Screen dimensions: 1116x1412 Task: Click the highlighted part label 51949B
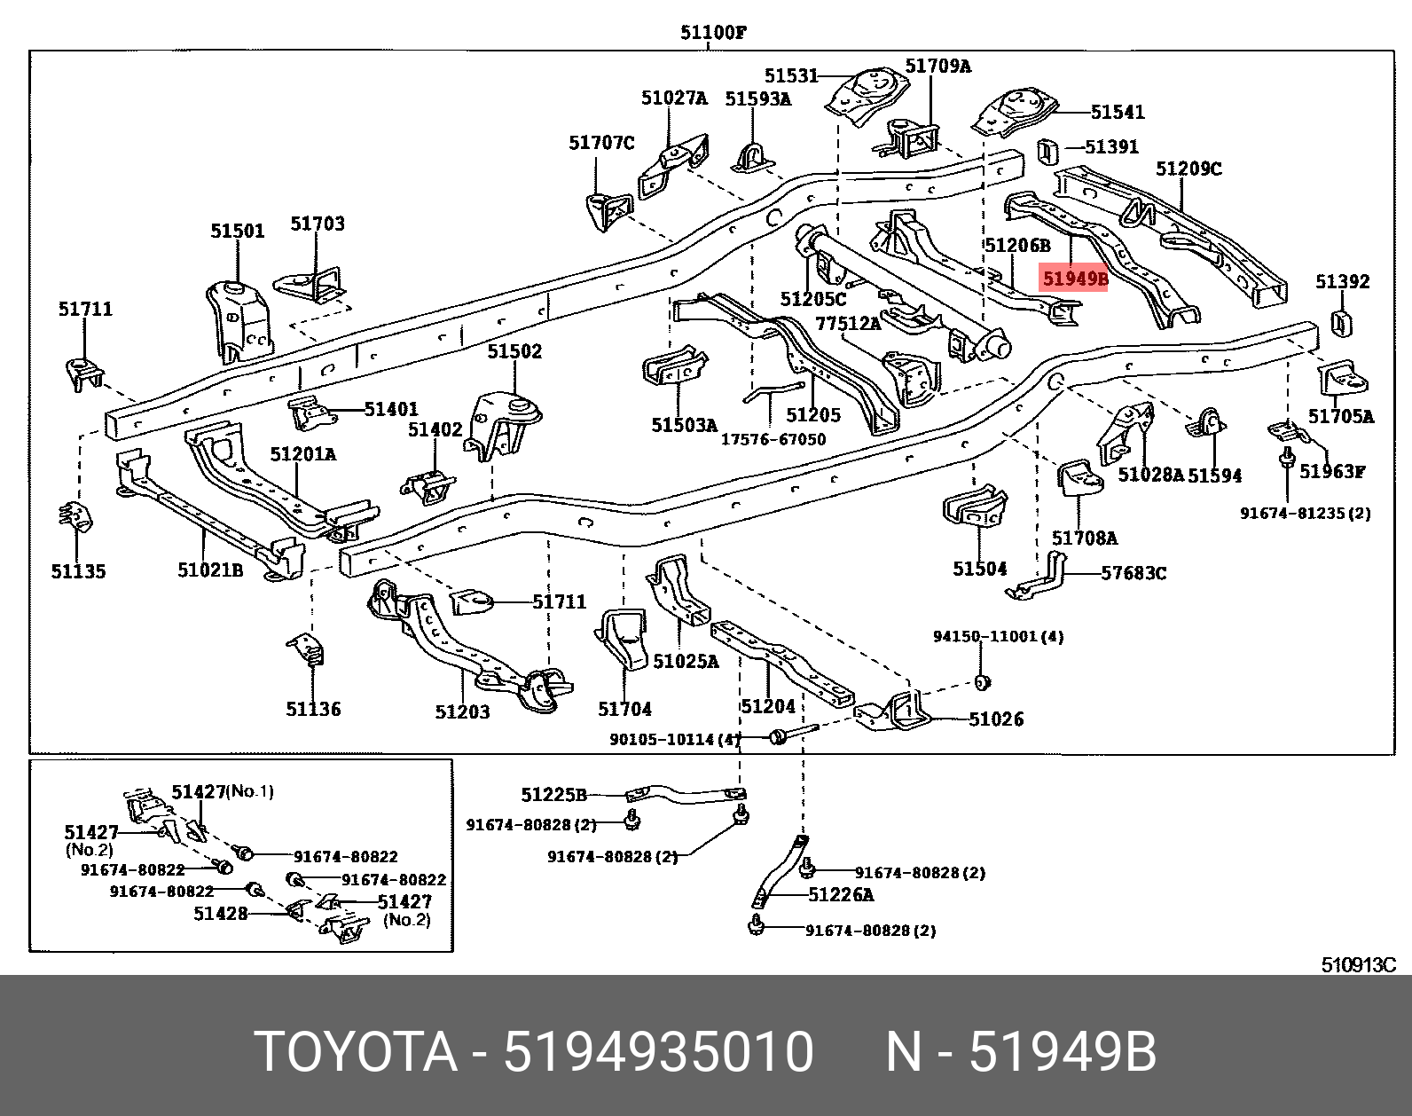[1074, 279]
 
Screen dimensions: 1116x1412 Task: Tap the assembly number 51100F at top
[713, 33]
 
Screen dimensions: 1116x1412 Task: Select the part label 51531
[791, 76]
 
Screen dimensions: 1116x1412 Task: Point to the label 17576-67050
[773, 439]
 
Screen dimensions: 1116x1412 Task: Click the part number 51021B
[210, 570]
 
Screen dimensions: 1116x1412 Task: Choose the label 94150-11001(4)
[998, 636]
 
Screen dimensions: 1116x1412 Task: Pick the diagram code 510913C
[1358, 965]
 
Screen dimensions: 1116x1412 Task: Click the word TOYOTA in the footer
[356, 1052]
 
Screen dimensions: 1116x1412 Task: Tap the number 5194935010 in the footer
[658, 1052]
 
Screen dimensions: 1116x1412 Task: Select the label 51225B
[553, 795]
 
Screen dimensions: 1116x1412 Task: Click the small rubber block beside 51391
[1047, 152]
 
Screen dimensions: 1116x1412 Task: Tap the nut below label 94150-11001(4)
[982, 682]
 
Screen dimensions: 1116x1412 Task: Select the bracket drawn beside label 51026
[896, 711]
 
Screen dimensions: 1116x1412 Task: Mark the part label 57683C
[1134, 574]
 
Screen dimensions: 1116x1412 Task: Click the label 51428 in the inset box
[220, 914]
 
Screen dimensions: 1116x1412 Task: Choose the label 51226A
[840, 895]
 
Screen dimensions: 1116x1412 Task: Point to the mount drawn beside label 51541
[1016, 111]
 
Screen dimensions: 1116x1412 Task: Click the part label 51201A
[302, 454]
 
